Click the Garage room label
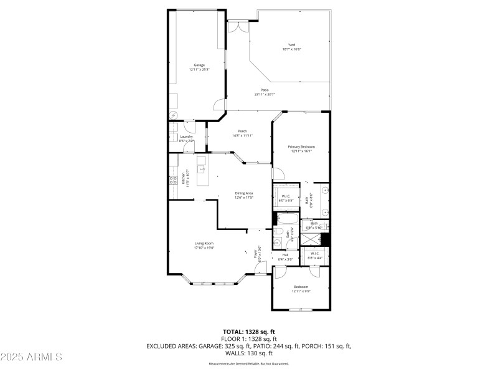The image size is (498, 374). click(199, 65)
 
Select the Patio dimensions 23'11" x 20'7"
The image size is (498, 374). click(265, 94)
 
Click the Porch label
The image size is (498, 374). click(243, 131)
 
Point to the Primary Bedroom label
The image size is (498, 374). click(301, 146)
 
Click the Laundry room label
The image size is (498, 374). click(187, 137)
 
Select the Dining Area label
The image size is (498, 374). click(243, 193)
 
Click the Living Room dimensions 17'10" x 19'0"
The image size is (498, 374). click(204, 247)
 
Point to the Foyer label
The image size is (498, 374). click(255, 254)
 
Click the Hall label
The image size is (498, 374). click(285, 254)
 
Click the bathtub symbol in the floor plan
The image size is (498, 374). click(288, 219)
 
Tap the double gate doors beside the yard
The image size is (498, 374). click(237, 27)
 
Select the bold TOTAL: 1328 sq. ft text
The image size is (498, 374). click(249, 332)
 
